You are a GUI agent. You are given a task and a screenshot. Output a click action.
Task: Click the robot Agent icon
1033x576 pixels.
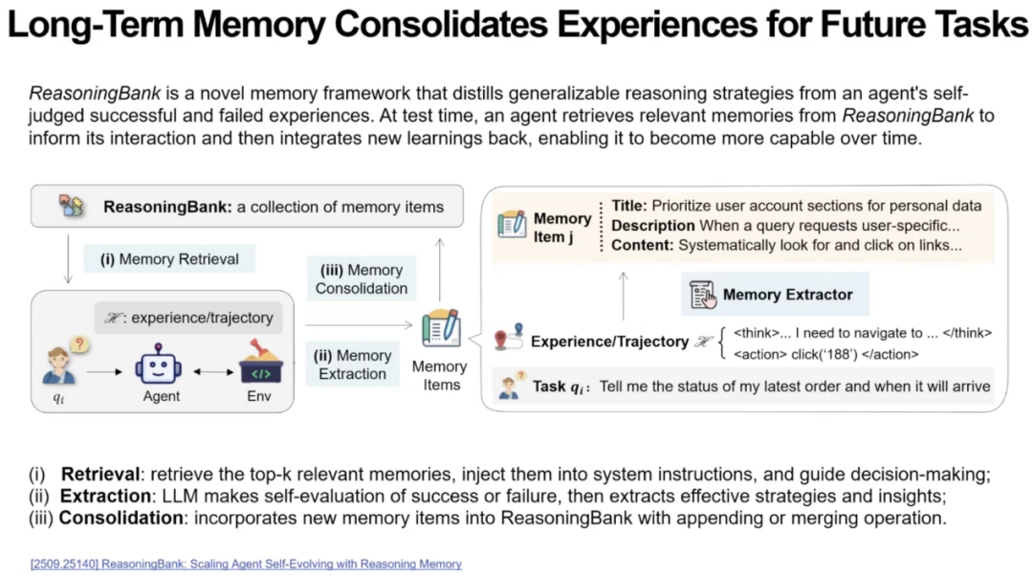click(159, 365)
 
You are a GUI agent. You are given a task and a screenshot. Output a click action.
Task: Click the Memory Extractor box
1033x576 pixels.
click(775, 295)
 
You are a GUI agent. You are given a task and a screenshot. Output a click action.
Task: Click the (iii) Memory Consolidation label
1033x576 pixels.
click(362, 278)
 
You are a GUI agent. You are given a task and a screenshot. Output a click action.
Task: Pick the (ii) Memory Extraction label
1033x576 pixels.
click(352, 365)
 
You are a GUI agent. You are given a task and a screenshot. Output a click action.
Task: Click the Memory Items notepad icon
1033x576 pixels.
click(441, 328)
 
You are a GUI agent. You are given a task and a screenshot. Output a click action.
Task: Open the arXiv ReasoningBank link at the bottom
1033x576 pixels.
click(245, 564)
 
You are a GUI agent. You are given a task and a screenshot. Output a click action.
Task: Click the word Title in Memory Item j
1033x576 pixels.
click(628, 206)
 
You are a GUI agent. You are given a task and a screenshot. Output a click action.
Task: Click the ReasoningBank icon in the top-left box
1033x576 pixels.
click(71, 207)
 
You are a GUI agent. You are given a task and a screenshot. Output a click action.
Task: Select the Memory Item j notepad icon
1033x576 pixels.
click(513, 226)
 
